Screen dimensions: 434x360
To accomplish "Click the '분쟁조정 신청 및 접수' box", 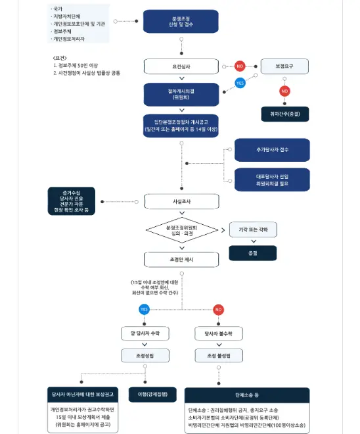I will point(181,21).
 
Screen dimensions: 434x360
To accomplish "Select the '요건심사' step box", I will point(181,66).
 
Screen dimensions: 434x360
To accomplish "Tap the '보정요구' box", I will point(284,66).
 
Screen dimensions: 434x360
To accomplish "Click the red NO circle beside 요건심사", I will point(240,66).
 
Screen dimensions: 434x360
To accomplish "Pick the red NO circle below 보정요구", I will point(284,91).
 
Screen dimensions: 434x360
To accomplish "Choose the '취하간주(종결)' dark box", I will point(284,113).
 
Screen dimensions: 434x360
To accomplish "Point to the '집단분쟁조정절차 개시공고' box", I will point(181,126).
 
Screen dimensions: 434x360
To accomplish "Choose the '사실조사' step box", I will point(181,201).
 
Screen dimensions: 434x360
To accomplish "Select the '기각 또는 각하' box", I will point(253,229).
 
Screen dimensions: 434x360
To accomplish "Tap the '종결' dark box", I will point(253,253).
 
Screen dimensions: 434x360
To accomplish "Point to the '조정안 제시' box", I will point(181,260).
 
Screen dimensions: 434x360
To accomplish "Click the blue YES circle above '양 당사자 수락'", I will point(144,309).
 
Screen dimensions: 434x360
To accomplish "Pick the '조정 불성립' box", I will point(219,355).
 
